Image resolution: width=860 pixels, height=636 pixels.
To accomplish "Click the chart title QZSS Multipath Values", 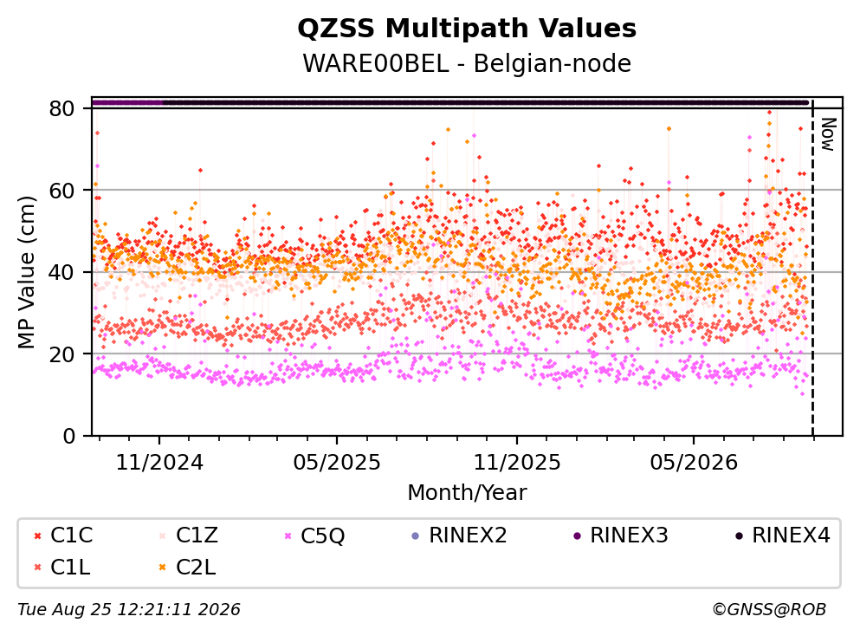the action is tap(467, 29).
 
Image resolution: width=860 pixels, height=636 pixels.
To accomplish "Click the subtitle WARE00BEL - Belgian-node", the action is tap(467, 63).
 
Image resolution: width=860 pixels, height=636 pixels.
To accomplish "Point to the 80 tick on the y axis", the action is tap(61, 108).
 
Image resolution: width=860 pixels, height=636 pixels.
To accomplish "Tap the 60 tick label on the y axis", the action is tap(61, 191).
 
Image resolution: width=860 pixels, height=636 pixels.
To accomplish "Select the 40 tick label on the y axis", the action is tap(61, 272).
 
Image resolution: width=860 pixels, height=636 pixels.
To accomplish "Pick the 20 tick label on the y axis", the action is tap(61, 354).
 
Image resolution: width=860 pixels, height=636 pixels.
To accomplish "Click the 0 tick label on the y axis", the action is tap(68, 436).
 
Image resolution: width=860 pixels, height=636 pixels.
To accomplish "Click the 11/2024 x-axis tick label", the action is tap(159, 463).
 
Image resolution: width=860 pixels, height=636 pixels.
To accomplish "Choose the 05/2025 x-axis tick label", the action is tap(336, 463).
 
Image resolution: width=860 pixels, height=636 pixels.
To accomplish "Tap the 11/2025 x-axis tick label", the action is tap(517, 463).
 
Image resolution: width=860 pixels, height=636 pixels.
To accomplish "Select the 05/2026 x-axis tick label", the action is tap(694, 463).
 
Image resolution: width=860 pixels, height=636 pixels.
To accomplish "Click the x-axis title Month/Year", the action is tap(467, 493).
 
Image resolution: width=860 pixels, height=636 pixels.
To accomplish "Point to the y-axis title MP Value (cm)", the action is tap(26, 272).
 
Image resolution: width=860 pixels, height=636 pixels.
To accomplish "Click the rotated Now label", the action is tap(828, 134).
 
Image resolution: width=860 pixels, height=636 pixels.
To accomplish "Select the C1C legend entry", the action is tap(63, 535).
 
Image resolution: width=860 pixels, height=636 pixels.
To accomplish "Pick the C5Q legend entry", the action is tap(315, 535).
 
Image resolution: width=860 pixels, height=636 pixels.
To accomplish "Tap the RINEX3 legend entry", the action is tap(621, 535).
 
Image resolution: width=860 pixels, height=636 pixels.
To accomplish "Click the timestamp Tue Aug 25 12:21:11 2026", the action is tap(129, 610).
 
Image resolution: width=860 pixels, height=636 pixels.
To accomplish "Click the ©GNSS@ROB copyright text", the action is tap(769, 610).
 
